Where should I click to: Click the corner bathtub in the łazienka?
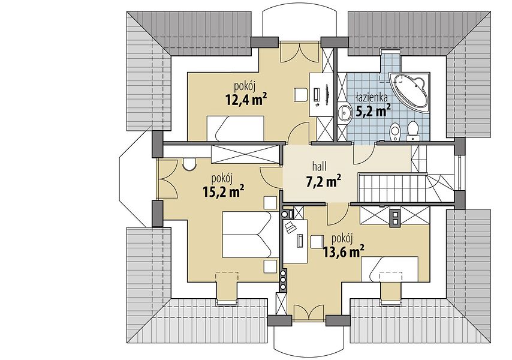(409, 91)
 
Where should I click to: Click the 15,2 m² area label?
(224, 192)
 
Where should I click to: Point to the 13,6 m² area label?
(344, 251)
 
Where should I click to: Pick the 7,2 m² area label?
(323, 181)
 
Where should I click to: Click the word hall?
(320, 167)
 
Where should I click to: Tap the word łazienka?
(372, 97)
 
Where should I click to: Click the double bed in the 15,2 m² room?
(246, 235)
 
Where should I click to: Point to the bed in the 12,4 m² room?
(236, 128)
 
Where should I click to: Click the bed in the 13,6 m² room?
(390, 269)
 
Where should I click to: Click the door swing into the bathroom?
(364, 154)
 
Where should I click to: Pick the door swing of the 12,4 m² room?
(299, 133)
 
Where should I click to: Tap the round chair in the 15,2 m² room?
(189, 164)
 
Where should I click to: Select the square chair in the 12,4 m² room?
(301, 94)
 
